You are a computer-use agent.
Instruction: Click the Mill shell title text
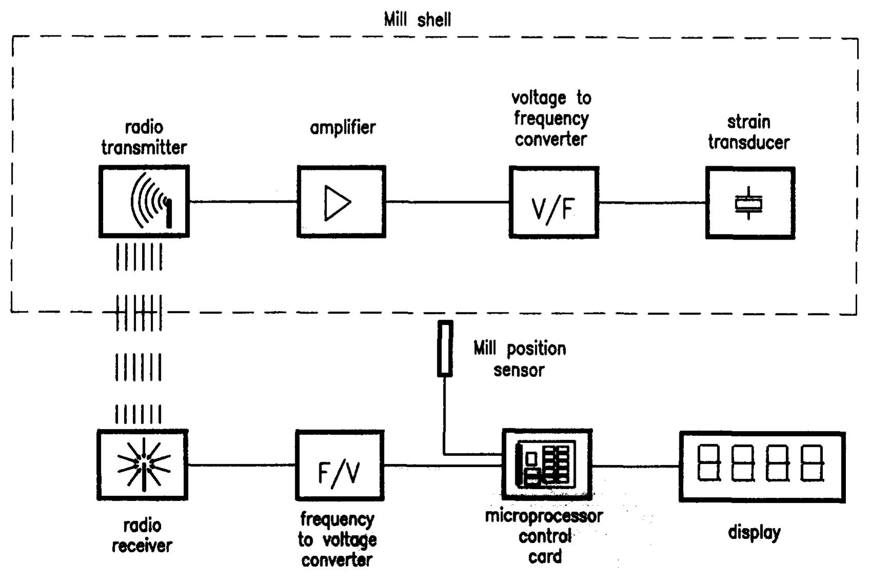417,20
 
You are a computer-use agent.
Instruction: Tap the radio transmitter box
144,202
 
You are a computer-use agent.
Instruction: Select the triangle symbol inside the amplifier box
337,203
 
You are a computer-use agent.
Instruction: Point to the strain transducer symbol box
750,203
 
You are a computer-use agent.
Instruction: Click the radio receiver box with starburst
143,465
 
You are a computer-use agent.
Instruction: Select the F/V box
339,466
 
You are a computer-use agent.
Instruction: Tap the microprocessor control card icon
547,465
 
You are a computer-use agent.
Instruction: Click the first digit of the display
709,463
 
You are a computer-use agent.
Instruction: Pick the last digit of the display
812,463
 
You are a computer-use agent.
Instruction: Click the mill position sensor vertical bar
444,349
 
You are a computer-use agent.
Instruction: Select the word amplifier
342,128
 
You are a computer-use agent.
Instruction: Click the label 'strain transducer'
749,132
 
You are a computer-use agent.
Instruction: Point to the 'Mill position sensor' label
519,359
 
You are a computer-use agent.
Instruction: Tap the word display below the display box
754,533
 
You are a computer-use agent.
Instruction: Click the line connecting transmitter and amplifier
244,202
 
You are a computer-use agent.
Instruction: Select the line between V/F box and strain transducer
652,203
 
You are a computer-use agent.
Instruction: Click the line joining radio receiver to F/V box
241,465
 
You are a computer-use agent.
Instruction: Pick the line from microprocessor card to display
636,466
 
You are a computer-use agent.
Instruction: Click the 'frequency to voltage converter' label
337,539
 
